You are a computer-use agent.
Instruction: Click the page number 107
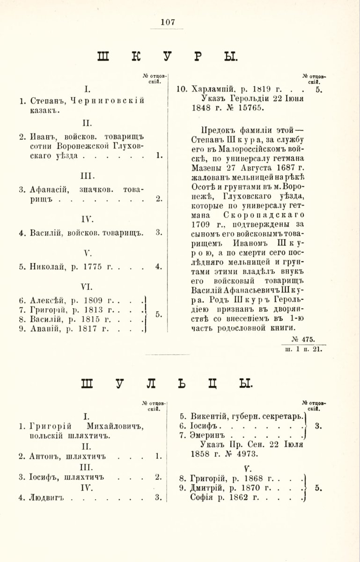[x=167, y=22]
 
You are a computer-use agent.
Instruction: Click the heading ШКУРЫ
[x=168, y=56]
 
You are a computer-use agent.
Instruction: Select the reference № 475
[x=304, y=339]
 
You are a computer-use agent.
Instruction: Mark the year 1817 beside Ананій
[x=88, y=329]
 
